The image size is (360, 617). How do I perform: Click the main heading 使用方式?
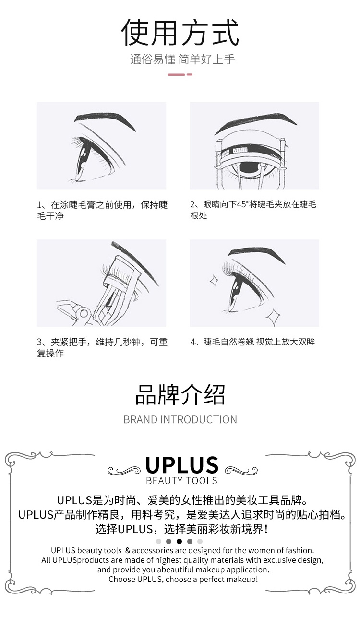180,32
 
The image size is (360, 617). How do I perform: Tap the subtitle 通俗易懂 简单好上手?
182,59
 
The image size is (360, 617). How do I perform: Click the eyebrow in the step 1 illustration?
105,120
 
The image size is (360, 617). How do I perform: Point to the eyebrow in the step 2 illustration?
255,122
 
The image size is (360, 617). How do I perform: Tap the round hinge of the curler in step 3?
84,313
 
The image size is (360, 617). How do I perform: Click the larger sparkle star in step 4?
273,317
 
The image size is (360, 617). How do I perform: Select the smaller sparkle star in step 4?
214,281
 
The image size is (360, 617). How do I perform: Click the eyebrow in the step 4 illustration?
256,254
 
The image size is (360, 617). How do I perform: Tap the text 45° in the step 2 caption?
243,204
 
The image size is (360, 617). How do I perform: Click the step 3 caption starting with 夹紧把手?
102,348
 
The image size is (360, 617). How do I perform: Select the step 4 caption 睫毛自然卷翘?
228,342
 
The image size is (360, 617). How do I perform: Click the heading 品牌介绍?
180,395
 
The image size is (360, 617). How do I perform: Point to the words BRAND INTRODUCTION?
180,420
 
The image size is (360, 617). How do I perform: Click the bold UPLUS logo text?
182,465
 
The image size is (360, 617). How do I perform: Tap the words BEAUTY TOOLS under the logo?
181,481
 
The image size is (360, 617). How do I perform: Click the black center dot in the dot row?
179,541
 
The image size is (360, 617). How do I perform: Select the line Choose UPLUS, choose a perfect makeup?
183,579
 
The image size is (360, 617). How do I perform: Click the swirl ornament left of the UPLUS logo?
124,470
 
